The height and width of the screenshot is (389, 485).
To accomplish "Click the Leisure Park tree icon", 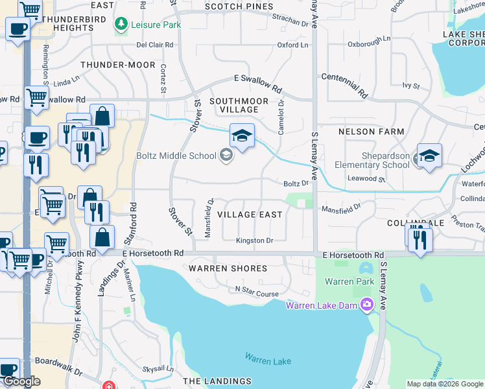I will pyautogui.click(x=121, y=25).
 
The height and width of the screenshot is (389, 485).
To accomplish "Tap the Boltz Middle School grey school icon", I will pyautogui.click(x=226, y=155).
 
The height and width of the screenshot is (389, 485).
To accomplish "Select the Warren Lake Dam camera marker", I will pyautogui.click(x=368, y=304).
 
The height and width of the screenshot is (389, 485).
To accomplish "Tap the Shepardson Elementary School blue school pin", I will pyautogui.click(x=429, y=156).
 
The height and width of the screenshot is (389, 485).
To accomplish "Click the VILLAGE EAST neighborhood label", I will pyautogui.click(x=250, y=215).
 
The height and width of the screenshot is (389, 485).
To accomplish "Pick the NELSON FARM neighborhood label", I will pyautogui.click(x=371, y=132).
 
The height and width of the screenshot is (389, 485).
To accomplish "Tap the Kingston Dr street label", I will pyautogui.click(x=254, y=241).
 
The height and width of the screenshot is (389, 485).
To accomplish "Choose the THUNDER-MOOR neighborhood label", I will pyautogui.click(x=118, y=65).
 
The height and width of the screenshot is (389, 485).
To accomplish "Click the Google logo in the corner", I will pyautogui.click(x=21, y=381).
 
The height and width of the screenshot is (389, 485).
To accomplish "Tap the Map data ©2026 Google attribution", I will pyautogui.click(x=444, y=384).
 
